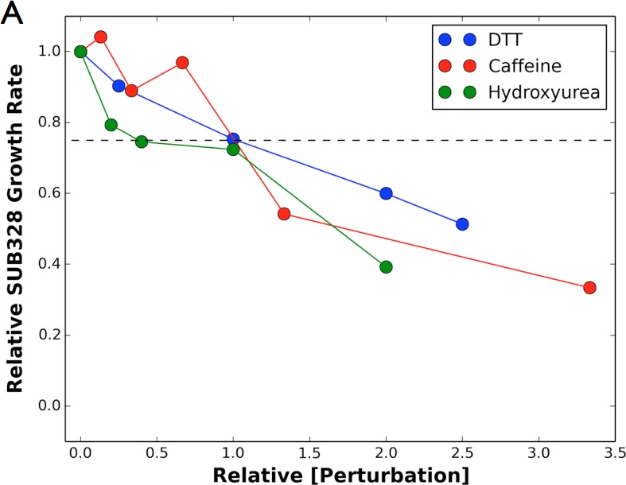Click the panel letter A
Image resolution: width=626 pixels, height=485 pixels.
click(x=11, y=14)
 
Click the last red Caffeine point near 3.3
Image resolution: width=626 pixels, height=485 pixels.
click(x=589, y=288)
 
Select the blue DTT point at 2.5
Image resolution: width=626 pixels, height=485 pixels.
click(x=462, y=224)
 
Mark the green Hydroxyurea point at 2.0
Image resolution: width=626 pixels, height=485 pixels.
click(x=386, y=267)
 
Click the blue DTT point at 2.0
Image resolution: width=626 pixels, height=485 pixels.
click(x=386, y=193)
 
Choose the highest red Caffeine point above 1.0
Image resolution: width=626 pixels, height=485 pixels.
click(x=100, y=37)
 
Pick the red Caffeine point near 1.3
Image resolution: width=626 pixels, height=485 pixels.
click(x=284, y=214)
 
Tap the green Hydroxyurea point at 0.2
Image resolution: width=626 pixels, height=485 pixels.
click(x=111, y=125)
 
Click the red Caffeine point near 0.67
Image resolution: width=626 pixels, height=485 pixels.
click(x=182, y=63)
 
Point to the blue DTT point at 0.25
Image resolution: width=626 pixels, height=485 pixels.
click(x=119, y=86)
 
